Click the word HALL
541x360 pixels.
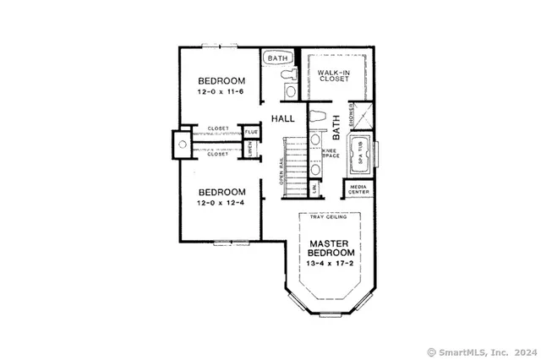[x=283, y=119]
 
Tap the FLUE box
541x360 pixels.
[x=251, y=132]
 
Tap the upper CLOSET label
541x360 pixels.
[x=218, y=129]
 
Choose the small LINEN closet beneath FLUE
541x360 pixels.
[x=251, y=150]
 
